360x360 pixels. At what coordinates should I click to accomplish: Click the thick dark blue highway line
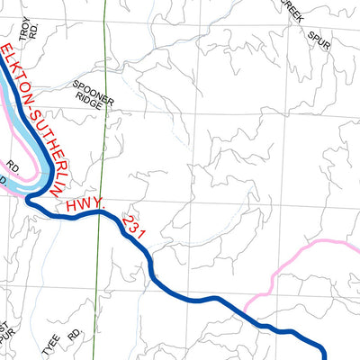pos(180,295)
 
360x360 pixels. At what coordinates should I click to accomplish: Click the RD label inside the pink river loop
pos(12,167)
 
